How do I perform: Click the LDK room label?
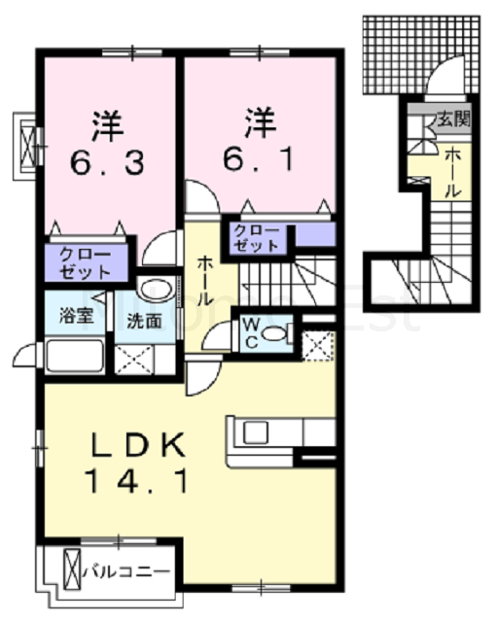(137, 445)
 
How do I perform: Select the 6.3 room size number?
(107, 162)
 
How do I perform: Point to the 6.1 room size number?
(259, 158)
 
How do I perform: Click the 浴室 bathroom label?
(76, 316)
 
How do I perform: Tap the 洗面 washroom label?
(144, 321)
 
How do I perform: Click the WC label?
(251, 334)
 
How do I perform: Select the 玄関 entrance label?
(453, 119)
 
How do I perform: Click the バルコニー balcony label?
(126, 571)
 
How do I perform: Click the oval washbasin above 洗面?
(156, 290)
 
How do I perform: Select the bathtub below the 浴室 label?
(75, 356)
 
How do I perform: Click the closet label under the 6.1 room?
(256, 238)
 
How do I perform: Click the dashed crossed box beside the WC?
(317, 347)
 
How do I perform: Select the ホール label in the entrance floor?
(452, 173)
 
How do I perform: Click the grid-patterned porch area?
(421, 54)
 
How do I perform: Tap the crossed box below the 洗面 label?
(134, 360)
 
